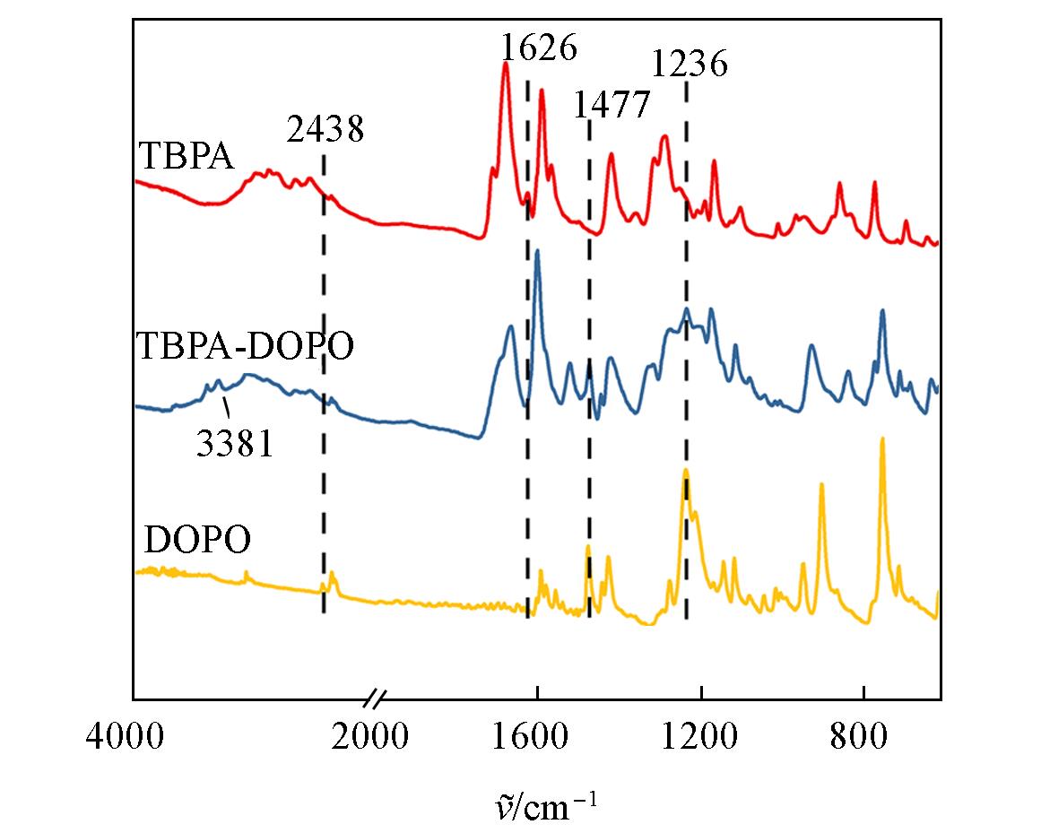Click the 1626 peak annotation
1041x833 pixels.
pos(538,48)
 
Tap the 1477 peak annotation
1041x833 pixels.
pos(611,104)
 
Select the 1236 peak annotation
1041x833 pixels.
pos(690,64)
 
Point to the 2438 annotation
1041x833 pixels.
pos(325,129)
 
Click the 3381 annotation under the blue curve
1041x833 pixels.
pos(235,443)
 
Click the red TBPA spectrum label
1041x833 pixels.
pos(187,157)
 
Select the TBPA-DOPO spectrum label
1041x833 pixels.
pos(245,346)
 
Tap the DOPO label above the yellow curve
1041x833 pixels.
pos(198,540)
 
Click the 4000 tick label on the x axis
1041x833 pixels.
pos(125,736)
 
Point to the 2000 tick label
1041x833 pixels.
pos(369,736)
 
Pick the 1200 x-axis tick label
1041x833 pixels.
pos(699,736)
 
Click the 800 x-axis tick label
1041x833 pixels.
pos(859,736)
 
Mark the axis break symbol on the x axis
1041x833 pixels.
pos(377,699)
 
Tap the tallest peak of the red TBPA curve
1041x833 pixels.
pos(506,63)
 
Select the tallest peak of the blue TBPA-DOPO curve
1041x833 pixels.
pos(537,251)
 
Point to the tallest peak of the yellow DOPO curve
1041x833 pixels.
pos(882,438)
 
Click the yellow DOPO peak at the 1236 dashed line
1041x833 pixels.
pos(686,471)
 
